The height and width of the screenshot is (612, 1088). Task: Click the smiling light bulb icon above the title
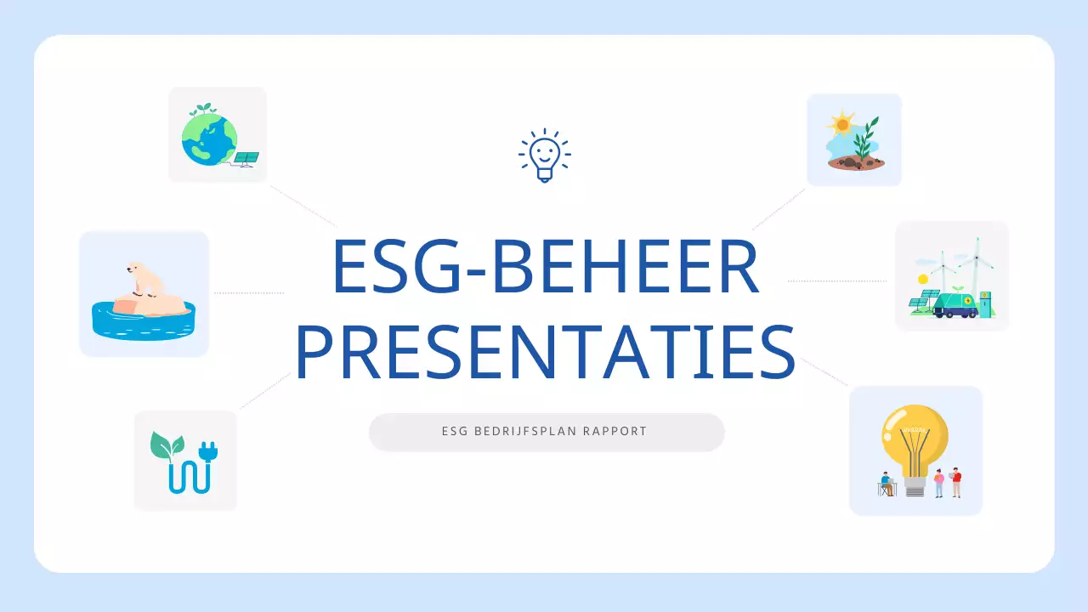coord(544,156)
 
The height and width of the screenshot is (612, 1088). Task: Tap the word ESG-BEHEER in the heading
coord(544,266)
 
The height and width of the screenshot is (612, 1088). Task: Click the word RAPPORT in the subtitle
coord(615,432)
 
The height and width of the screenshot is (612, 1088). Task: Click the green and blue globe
coord(208,140)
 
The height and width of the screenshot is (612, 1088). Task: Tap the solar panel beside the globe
coord(246,158)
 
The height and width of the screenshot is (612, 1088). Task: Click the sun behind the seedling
coord(841,124)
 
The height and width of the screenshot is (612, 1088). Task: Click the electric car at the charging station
coord(955,304)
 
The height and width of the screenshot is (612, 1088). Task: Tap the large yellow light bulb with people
coord(915,438)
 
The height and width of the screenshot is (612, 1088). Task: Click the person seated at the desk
coord(887,484)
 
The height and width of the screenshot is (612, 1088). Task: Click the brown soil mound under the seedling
coord(855,162)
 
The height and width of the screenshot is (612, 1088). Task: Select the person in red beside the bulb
coord(956,481)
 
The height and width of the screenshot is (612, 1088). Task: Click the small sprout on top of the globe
coord(202,110)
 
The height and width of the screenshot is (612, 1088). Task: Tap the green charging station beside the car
coord(985,303)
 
